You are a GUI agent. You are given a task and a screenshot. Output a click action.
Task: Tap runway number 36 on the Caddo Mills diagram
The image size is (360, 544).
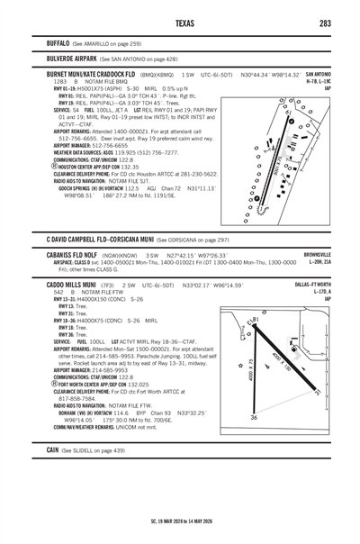click(256, 417)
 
